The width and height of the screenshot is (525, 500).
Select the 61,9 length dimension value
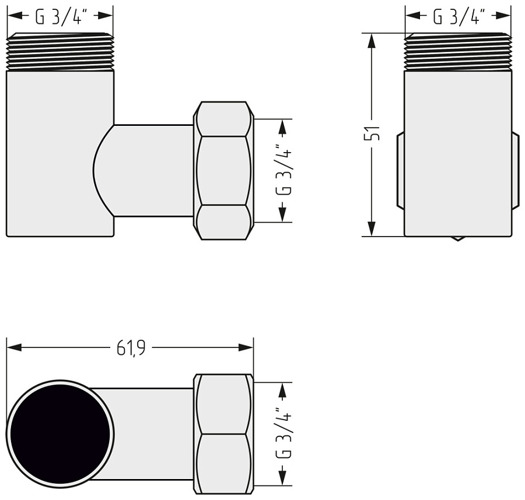[x=131, y=348]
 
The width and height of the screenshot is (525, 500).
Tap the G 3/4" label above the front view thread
[x=60, y=17]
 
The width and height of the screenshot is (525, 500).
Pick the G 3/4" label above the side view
[x=459, y=17]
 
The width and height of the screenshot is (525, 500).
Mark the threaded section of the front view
[x=60, y=52]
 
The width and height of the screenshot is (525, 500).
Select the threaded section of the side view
[x=459, y=52]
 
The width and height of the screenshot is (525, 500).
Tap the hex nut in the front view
[x=224, y=170]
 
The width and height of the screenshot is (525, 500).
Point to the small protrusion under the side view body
[x=459, y=238]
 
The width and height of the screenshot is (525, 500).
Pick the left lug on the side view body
[x=400, y=170]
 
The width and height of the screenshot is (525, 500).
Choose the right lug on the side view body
[x=516, y=170]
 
